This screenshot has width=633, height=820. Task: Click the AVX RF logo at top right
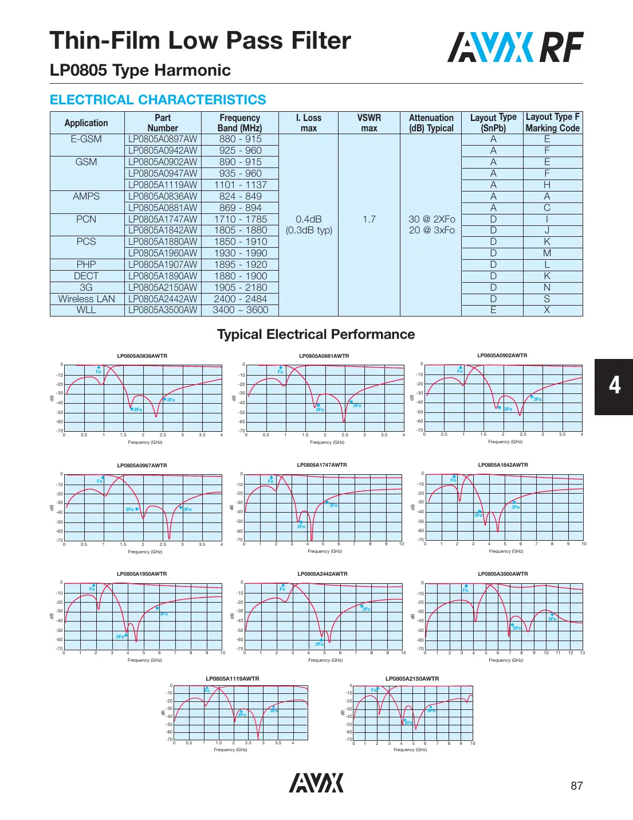point(515,47)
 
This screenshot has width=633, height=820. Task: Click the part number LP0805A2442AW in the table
point(163,299)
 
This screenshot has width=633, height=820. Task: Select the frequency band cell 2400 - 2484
point(240,299)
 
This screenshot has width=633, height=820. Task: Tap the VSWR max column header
point(369,123)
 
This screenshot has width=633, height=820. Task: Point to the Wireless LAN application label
point(87,299)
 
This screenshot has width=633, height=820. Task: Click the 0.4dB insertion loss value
point(309,219)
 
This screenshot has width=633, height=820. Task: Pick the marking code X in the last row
point(547,310)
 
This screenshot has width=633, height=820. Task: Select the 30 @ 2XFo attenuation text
point(431,219)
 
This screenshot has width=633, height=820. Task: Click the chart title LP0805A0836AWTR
point(142,356)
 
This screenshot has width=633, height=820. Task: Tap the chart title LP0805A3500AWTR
point(503,574)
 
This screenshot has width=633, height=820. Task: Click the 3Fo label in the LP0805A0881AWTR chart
point(357,405)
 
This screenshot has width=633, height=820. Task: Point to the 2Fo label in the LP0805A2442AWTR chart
point(319,644)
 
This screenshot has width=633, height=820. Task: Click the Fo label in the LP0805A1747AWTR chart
point(270,481)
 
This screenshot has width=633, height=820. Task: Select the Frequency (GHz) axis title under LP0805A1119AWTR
point(230,749)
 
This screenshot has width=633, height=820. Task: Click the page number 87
point(576,786)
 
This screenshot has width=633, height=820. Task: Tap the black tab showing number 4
point(614,386)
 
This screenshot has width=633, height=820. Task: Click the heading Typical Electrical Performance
point(316,334)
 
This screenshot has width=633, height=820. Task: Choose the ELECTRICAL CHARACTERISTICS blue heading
point(158,100)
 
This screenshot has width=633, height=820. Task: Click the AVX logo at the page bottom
point(316,783)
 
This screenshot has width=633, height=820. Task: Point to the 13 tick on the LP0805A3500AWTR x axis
point(582,653)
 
